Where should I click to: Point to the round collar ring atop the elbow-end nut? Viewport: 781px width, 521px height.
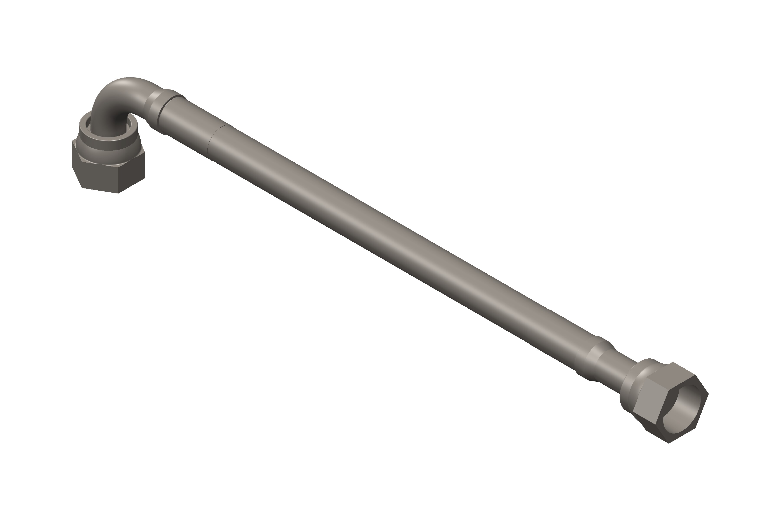pyautogui.click(x=110, y=140)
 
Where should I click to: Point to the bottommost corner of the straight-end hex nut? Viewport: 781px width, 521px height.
pyautogui.click(x=668, y=443)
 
